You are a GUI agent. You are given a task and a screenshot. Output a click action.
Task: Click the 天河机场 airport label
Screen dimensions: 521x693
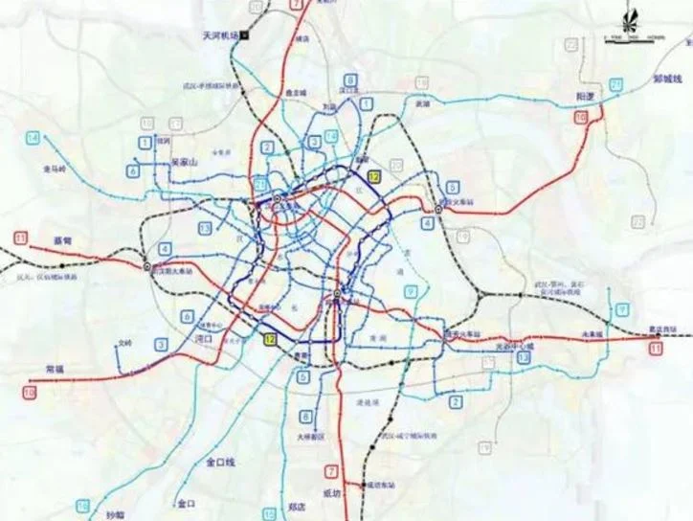(x=219, y=34)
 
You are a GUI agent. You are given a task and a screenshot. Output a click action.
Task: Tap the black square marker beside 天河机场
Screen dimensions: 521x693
(x=244, y=34)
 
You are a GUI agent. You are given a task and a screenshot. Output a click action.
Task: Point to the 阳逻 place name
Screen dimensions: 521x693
(x=587, y=98)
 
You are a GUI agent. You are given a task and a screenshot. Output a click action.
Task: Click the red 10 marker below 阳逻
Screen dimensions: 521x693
(x=580, y=117)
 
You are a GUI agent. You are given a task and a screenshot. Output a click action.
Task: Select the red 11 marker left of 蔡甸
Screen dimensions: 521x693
(x=21, y=238)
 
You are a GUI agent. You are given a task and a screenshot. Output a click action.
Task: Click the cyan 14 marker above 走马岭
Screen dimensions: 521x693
(x=34, y=139)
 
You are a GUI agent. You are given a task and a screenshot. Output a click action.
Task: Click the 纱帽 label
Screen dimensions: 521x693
(x=115, y=514)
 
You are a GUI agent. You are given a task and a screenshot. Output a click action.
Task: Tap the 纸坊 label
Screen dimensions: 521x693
(x=330, y=493)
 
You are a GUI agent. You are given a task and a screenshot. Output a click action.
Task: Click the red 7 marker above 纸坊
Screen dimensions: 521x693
(x=331, y=471)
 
